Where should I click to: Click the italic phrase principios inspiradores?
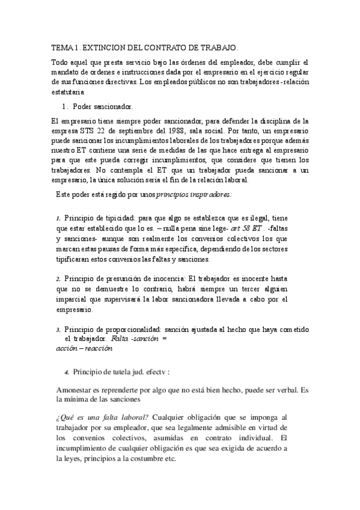(194, 195)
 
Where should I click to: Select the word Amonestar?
(74, 389)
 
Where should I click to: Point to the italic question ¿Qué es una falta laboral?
(103, 416)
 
